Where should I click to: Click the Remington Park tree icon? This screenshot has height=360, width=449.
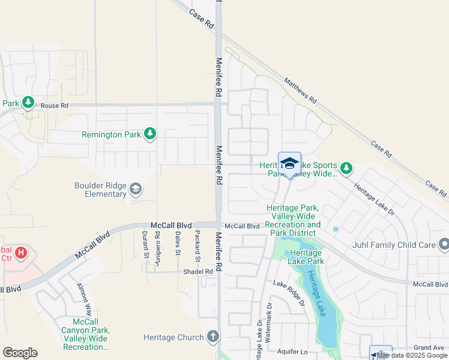click(150, 134)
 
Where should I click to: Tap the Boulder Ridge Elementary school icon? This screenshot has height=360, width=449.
click(136, 189)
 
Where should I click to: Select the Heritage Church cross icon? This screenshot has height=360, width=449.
click(212, 337)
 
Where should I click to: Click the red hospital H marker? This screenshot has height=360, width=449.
click(22, 253)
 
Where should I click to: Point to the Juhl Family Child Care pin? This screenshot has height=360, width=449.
click(444, 244)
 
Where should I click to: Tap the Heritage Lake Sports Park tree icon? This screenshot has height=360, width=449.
click(346, 167)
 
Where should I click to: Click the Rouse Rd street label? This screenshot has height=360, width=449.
click(55, 106)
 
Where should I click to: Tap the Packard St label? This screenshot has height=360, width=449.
click(197, 245)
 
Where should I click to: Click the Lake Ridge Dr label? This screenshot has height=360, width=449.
click(289, 292)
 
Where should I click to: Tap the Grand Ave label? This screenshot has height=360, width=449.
click(429, 348)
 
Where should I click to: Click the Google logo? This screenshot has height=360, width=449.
click(20, 353)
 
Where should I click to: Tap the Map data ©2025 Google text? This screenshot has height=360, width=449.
click(412, 355)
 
